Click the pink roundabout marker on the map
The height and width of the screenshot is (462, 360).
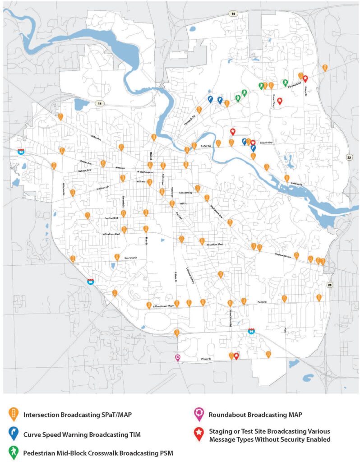(178, 357)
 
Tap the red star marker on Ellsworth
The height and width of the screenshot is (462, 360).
(236, 356)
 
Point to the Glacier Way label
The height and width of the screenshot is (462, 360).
(267, 143)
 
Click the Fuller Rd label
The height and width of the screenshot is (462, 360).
(205, 146)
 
